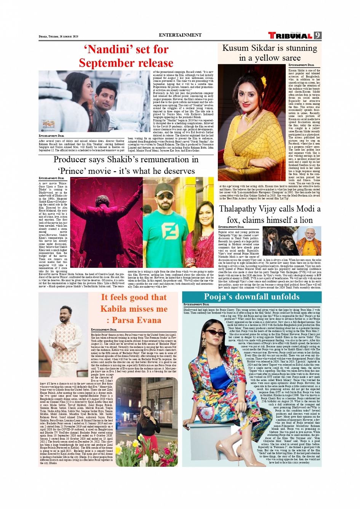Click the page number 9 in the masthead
(x=318, y=35)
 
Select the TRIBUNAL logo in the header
(x=290, y=35)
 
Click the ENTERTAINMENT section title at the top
(x=180, y=35)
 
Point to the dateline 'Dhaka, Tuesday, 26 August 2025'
(x=58, y=37)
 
